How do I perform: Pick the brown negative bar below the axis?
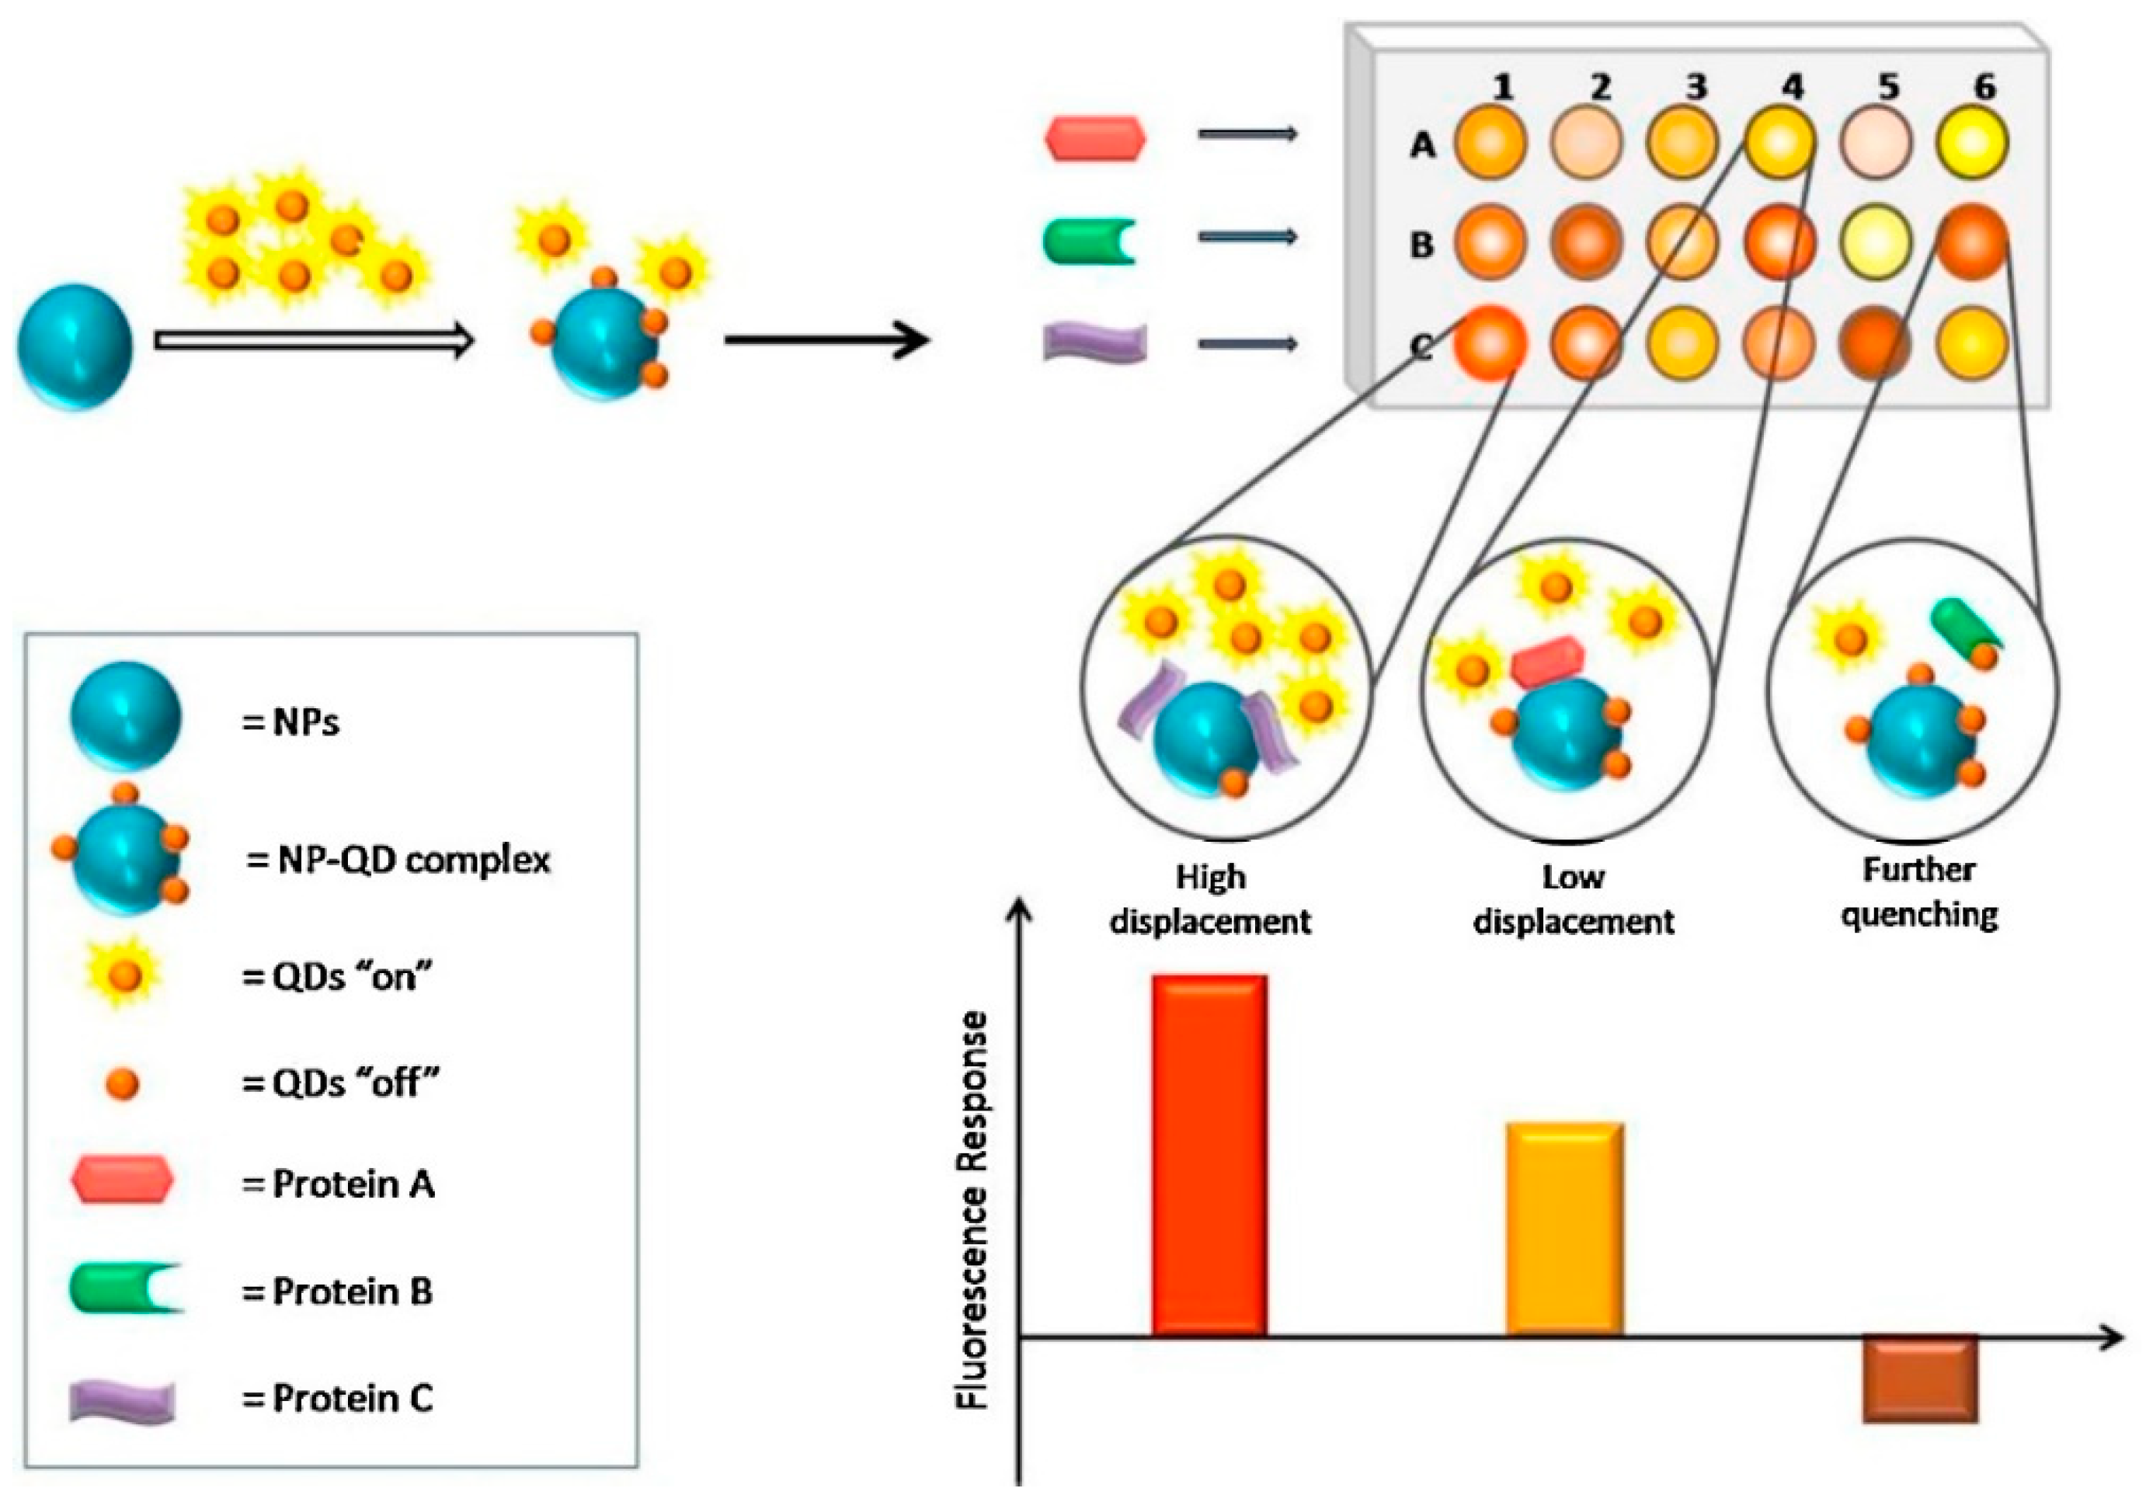point(1920,1379)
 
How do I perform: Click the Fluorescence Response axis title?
point(974,1211)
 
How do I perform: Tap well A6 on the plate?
point(1972,143)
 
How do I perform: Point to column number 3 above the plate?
point(1696,87)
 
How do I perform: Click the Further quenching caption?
point(1919,892)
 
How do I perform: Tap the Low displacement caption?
point(1573,899)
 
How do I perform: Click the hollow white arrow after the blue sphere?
point(313,342)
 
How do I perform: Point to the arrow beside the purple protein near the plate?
point(1248,345)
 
